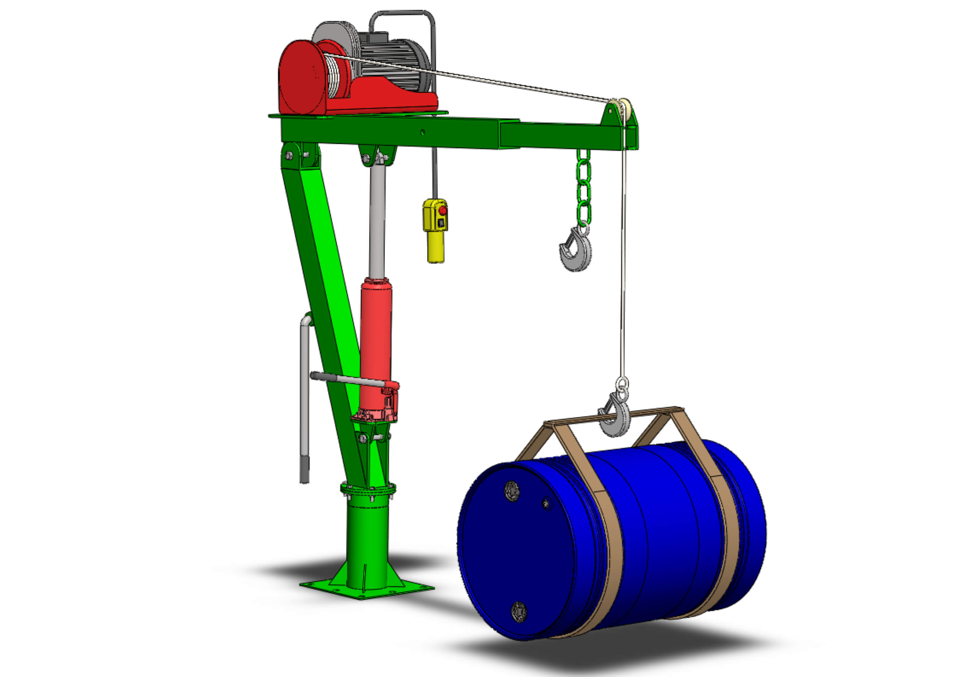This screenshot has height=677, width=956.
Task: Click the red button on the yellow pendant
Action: click(x=442, y=210)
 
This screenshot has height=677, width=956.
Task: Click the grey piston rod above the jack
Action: click(x=377, y=221)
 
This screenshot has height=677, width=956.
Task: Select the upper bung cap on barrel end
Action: click(x=512, y=491)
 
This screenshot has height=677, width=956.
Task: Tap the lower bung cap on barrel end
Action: click(x=519, y=612)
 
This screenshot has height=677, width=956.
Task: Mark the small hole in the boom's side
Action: click(x=423, y=133)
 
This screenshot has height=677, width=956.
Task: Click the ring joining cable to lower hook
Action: click(x=622, y=384)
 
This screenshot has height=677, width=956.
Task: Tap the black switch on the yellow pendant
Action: click(x=441, y=223)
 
